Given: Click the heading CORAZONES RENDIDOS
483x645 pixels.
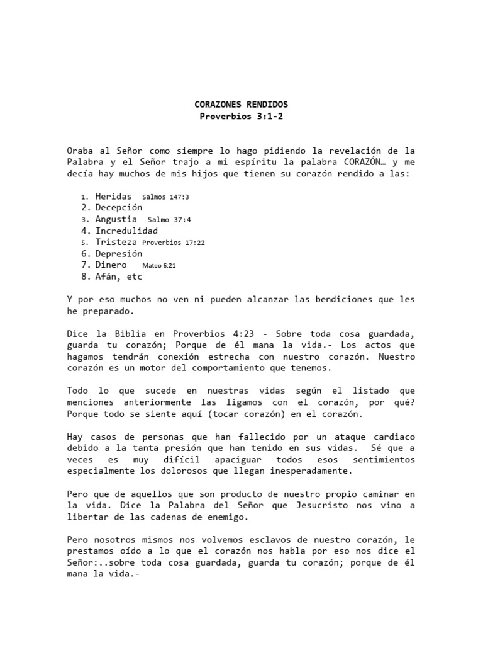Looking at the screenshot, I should pyautogui.click(x=241, y=104).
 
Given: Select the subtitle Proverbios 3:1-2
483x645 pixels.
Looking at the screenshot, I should pyautogui.click(x=241, y=116).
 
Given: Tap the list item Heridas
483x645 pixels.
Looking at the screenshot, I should pyautogui.click(x=113, y=196).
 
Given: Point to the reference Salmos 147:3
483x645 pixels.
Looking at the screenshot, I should pyautogui.click(x=165, y=197).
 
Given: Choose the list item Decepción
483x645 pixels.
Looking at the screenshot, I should pyautogui.click(x=118, y=207).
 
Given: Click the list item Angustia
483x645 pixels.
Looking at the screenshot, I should pyautogui.click(x=116, y=219).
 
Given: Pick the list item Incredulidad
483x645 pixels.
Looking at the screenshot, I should pyautogui.click(x=126, y=231).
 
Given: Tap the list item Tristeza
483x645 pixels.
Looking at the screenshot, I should pyautogui.click(x=116, y=242).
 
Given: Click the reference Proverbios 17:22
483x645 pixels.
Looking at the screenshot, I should pyautogui.click(x=174, y=243).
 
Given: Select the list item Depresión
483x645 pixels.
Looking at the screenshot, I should pyautogui.click(x=118, y=253).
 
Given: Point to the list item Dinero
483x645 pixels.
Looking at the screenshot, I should pyautogui.click(x=111, y=265).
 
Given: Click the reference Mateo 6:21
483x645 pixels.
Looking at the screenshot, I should pyautogui.click(x=159, y=266).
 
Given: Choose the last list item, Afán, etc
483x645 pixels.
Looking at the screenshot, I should pyautogui.click(x=118, y=276).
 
